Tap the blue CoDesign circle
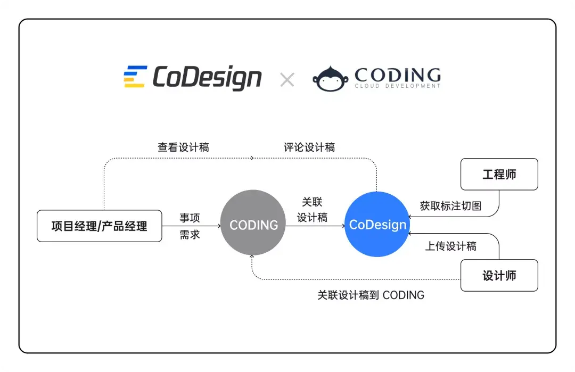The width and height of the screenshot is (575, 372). tap(377, 225)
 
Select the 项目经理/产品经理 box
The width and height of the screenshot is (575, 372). tap(99, 226)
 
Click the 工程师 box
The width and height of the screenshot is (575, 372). tap(499, 174)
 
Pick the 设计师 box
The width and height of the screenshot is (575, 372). tap(499, 276)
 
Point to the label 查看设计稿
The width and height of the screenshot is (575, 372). tap(183, 147)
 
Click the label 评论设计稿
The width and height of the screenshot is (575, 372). tap(309, 147)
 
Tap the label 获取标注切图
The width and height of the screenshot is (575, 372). tap(450, 206)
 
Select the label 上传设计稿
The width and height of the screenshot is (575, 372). tap(450, 246)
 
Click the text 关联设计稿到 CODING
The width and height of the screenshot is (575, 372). tap(371, 295)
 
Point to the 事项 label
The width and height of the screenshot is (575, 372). tap(190, 218)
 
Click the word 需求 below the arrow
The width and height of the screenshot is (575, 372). tap(190, 235)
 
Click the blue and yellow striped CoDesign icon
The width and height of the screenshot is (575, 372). tap(135, 77)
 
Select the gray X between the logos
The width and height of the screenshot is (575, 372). tap(287, 80)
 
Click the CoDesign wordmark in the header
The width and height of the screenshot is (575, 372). tap(207, 78)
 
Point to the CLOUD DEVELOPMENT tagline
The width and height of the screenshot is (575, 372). tap(397, 86)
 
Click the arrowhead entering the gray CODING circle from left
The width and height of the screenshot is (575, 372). tap(218, 226)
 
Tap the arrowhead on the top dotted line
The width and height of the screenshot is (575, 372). tap(252, 158)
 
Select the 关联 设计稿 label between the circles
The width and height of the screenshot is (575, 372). tap(312, 210)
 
